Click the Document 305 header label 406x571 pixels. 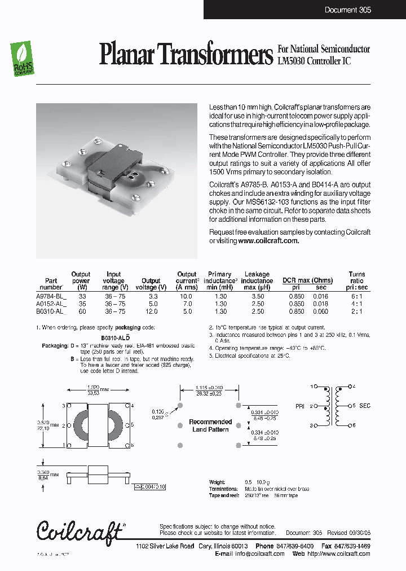point(347,10)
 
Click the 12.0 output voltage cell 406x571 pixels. point(151,311)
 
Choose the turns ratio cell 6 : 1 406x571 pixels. point(356,295)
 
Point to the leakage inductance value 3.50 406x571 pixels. point(257,295)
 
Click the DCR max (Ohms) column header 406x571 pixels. point(307,280)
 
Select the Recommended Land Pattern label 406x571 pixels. point(210,425)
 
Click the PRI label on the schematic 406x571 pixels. point(301,406)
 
